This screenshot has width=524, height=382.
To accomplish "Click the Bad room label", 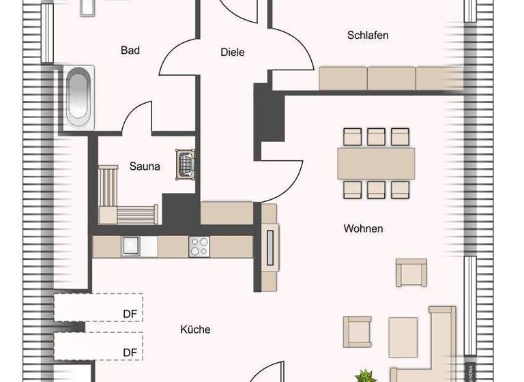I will click(x=130, y=50).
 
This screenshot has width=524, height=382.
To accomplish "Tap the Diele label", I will click(x=232, y=52).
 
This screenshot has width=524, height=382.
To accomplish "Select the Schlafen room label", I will click(x=367, y=35).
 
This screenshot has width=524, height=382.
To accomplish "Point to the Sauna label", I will click(x=145, y=166).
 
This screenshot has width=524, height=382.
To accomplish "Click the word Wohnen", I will click(x=363, y=229).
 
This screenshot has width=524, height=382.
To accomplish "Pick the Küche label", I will click(x=195, y=329).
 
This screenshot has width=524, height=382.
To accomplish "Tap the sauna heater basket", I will click(x=185, y=164).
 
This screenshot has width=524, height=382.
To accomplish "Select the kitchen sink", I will click(x=130, y=246).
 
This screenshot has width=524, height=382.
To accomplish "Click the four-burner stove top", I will click(x=199, y=246).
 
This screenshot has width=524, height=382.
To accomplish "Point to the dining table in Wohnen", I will click(x=376, y=164).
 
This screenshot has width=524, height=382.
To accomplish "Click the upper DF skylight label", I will click(x=130, y=314).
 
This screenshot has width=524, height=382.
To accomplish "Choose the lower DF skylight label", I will click(x=130, y=352).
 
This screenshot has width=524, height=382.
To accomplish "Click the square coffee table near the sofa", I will click(x=403, y=334).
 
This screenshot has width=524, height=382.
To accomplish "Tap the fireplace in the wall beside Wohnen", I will click(x=271, y=247).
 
